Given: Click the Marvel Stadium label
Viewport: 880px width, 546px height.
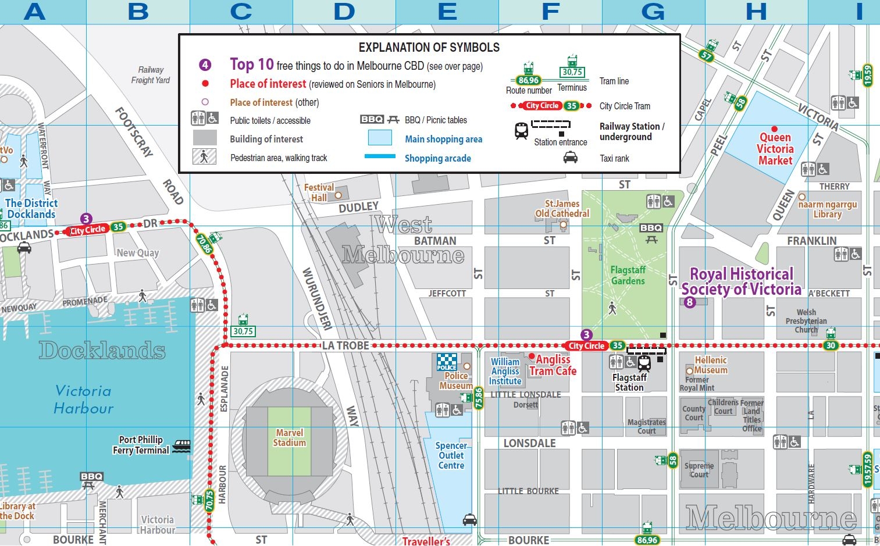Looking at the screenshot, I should click(290, 438).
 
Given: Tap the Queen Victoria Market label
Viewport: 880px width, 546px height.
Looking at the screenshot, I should click(775, 149).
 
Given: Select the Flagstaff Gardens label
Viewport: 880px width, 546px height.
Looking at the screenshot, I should click(628, 276).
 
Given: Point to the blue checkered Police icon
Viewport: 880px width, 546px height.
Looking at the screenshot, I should click(447, 362).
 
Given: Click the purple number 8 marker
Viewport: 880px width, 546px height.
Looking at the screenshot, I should click(689, 302).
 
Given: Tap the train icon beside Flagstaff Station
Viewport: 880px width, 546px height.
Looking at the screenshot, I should click(644, 363).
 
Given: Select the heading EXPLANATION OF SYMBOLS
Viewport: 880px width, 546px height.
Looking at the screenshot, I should click(429, 48).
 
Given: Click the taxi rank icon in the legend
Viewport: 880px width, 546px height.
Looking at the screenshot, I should click(571, 158).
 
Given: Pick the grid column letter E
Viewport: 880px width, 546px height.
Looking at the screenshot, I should click(447, 12).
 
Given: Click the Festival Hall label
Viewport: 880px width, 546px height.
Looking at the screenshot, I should click(319, 192).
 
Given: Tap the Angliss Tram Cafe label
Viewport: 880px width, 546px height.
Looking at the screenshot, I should click(553, 365).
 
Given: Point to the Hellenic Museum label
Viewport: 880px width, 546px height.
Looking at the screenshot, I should click(710, 365).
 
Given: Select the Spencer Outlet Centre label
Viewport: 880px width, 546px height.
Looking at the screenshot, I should click(451, 456).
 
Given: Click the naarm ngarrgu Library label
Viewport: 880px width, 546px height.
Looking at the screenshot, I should click(827, 209).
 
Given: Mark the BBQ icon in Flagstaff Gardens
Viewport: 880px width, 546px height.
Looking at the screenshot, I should click(651, 231).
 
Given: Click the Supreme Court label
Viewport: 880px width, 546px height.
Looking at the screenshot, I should click(699, 470).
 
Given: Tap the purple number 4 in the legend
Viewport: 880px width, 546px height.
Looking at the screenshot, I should click(205, 65).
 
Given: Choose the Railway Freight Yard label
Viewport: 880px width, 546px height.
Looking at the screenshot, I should click(151, 75).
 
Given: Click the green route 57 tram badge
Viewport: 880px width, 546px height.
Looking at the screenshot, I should click(706, 56).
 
